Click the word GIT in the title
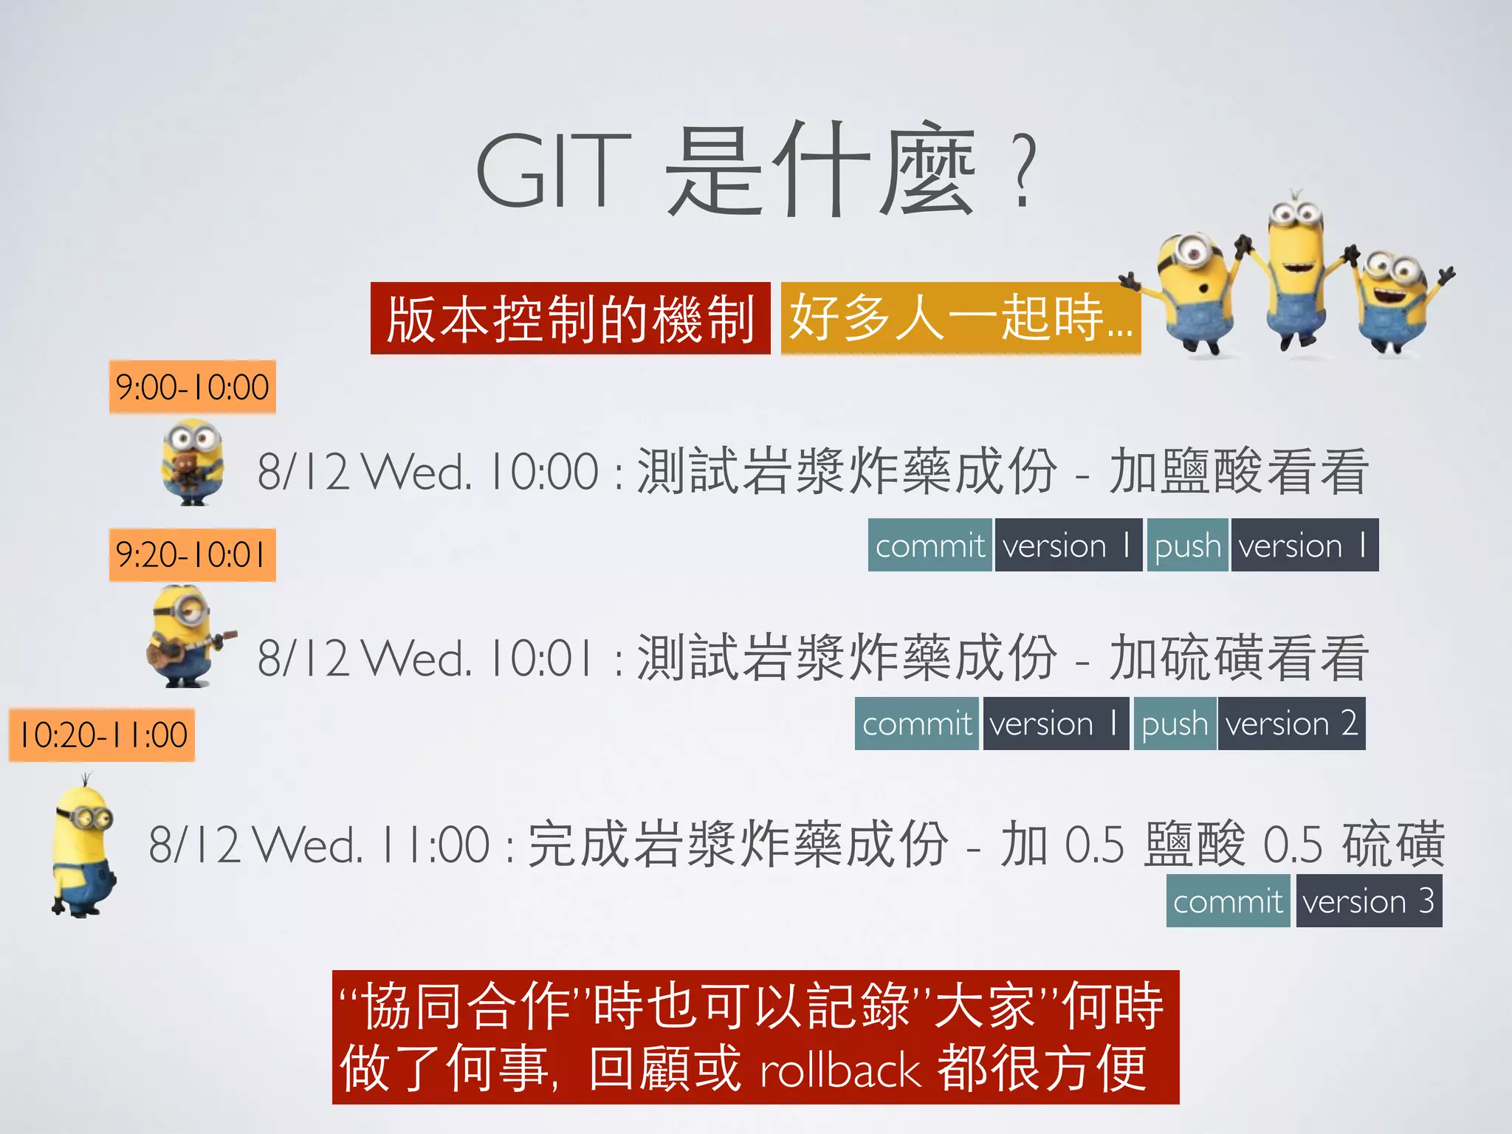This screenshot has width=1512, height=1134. (554, 171)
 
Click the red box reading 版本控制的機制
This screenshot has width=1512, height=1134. (570, 319)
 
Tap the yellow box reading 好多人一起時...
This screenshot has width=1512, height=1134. (960, 319)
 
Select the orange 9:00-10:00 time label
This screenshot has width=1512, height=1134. (193, 388)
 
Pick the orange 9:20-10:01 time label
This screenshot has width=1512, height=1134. (193, 555)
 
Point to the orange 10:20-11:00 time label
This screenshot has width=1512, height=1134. (103, 735)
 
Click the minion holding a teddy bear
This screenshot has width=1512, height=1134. (192, 462)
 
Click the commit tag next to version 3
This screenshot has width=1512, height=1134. (1228, 901)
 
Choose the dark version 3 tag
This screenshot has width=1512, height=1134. (1369, 901)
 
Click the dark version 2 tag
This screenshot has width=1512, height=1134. (1291, 724)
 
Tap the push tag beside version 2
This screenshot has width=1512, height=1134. (1175, 724)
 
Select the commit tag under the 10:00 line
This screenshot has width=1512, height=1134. (930, 546)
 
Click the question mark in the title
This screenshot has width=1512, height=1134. (1025, 171)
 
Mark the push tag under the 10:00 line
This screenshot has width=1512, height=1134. (1187, 546)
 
